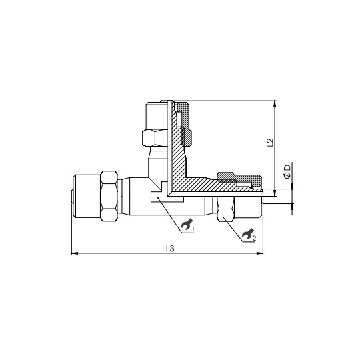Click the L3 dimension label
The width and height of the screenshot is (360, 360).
click(x=170, y=248)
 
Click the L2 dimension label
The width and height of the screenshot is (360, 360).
click(x=269, y=142)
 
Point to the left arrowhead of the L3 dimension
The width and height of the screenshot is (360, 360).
click(x=73, y=253)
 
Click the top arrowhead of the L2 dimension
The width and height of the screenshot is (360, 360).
click(x=275, y=104)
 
